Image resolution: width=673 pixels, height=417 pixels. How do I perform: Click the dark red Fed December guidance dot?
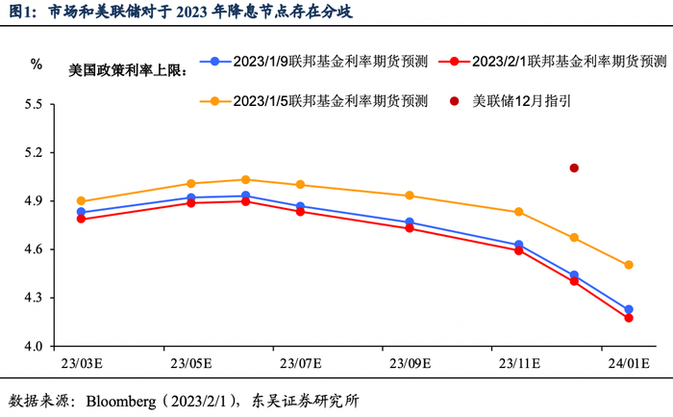[x=574, y=168]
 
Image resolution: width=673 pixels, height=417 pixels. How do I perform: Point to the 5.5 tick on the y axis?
[x=35, y=105]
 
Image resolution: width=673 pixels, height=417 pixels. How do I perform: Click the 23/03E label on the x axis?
[x=83, y=364]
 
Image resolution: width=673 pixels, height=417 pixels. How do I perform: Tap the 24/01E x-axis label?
[x=629, y=364]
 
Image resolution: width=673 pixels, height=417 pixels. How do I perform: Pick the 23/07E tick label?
[x=301, y=364]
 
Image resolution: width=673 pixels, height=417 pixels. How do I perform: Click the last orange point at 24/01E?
[x=629, y=265]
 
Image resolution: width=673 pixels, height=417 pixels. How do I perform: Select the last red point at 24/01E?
[x=629, y=318]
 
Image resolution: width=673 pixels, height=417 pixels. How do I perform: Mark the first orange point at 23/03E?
[x=81, y=201]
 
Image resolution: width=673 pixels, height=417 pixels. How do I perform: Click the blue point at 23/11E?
[x=519, y=245]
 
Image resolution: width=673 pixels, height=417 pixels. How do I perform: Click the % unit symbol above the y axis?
[x=36, y=65]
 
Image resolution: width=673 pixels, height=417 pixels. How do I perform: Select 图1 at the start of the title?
[x=21, y=11]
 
